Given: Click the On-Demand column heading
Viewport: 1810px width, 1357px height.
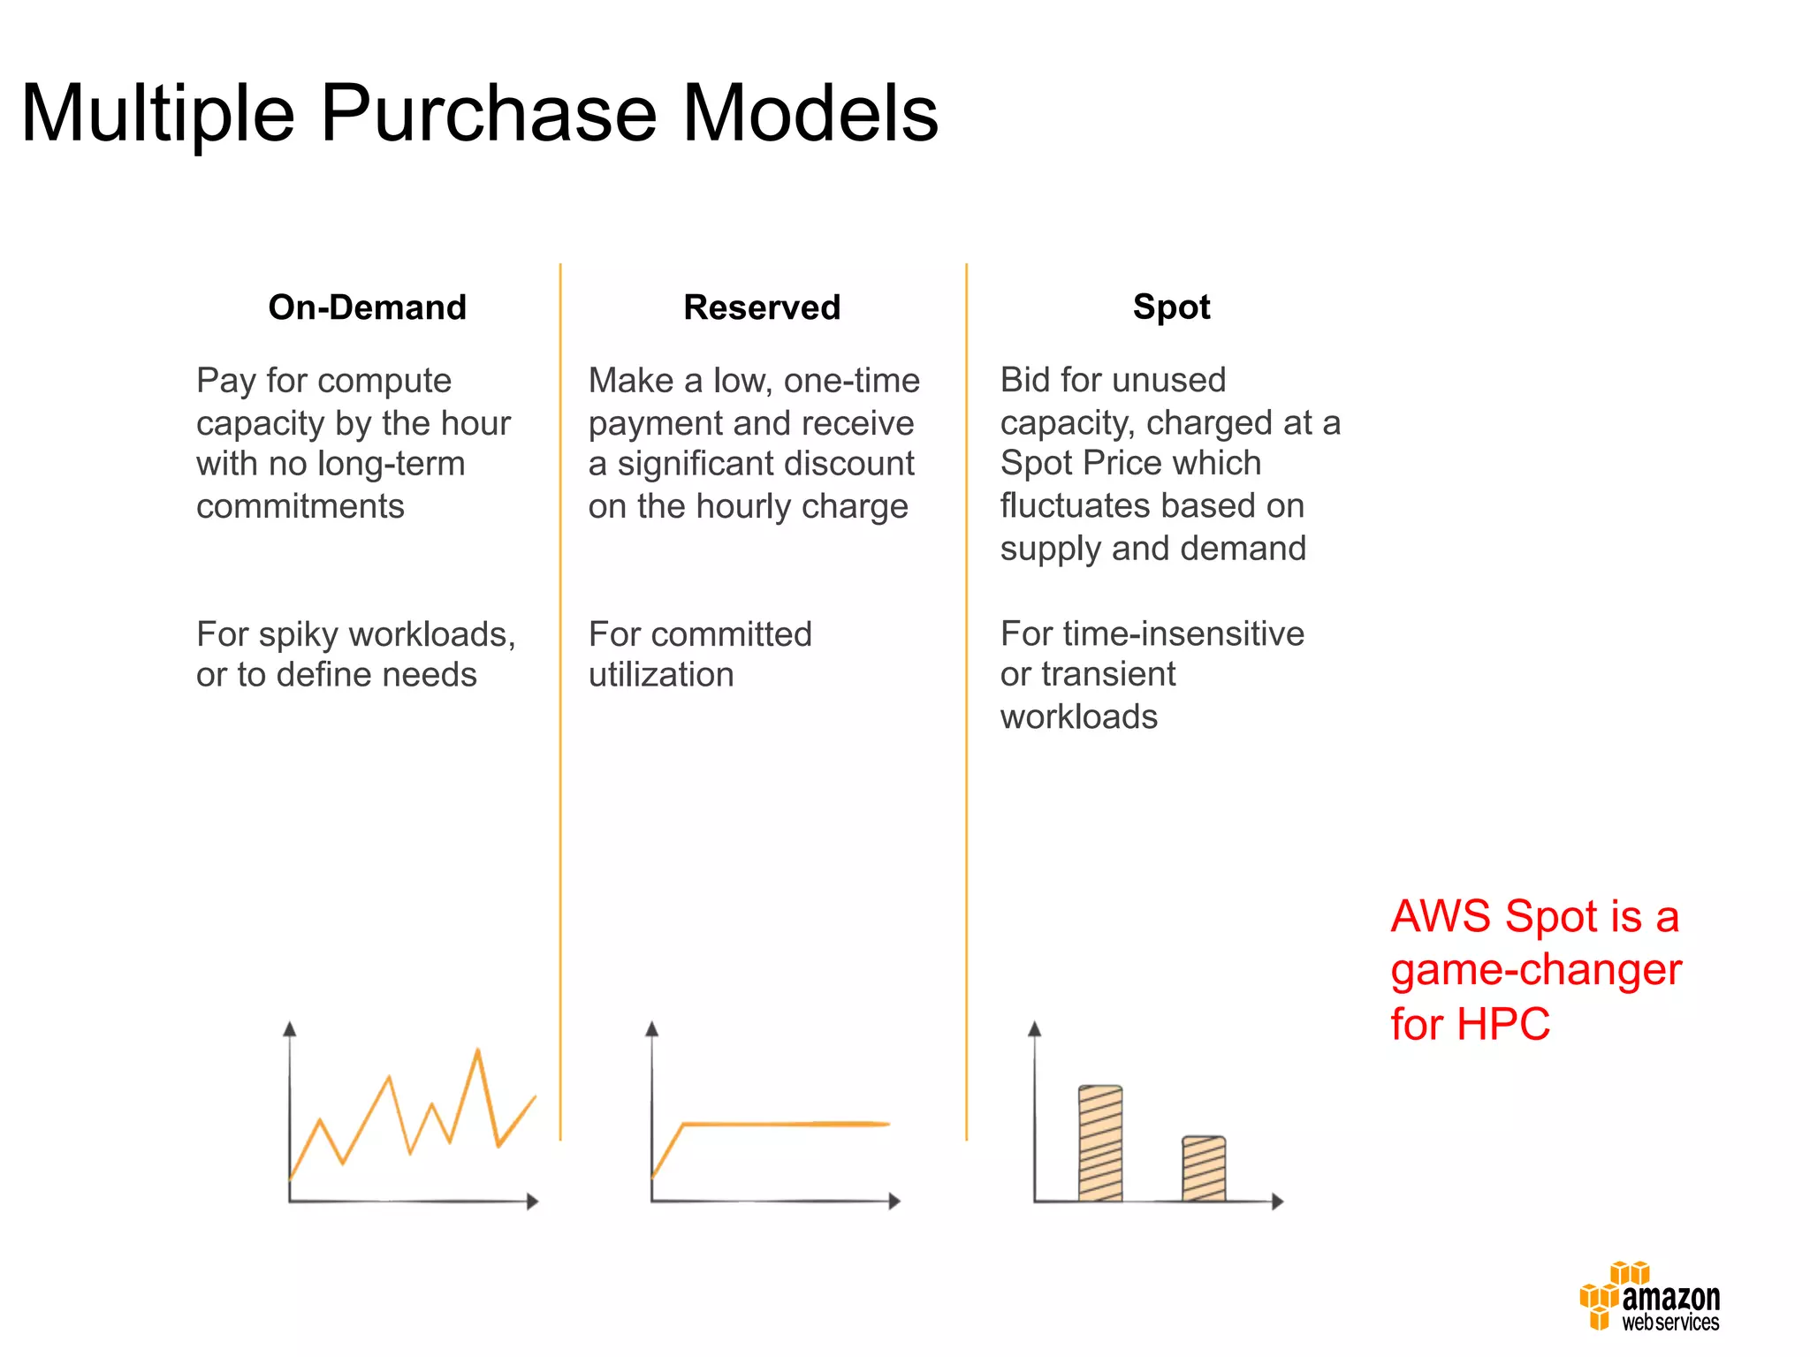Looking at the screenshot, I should click(x=367, y=307).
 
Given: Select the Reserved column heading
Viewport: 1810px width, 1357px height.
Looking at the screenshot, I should click(x=762, y=307).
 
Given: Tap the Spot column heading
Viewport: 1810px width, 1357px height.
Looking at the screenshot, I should click(x=1171, y=307).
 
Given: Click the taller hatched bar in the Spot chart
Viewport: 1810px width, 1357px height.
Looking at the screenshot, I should click(x=1100, y=1143).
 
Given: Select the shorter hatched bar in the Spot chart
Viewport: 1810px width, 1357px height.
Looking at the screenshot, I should click(x=1204, y=1168).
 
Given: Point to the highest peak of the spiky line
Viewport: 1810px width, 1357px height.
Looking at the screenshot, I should click(x=477, y=1051).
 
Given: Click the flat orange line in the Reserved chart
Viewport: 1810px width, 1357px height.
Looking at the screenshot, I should click(x=787, y=1124).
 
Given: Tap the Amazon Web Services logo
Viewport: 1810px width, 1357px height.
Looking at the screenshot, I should click(x=1649, y=1297).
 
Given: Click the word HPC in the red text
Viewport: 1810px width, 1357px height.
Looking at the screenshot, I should click(x=1502, y=1025).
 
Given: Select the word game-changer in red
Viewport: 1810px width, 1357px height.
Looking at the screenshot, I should click(x=1536, y=970).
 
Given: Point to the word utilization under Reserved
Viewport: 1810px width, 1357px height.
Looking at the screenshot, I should click(x=661, y=675).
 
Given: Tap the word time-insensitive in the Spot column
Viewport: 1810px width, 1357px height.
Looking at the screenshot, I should click(x=1183, y=633).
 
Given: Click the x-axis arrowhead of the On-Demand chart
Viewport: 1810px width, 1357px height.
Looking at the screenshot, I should click(x=532, y=1202).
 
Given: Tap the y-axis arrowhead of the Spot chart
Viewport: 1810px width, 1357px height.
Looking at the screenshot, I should click(x=1035, y=1029).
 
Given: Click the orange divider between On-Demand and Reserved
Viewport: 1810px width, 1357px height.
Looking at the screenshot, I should click(x=560, y=707).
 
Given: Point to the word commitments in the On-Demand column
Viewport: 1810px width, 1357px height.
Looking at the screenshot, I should click(x=300, y=506).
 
